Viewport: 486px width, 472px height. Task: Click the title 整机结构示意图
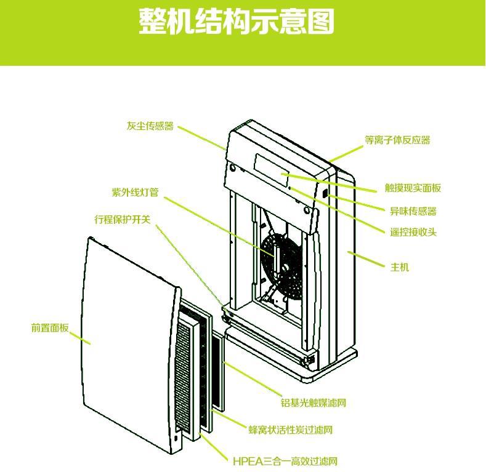[x=237, y=22]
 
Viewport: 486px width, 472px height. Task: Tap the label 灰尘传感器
[x=150, y=126]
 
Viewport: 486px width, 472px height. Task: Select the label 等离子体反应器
[x=397, y=140]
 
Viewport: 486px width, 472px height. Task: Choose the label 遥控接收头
[x=413, y=232]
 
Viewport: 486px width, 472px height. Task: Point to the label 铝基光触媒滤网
[x=313, y=403]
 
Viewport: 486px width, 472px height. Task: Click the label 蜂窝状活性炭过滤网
[x=290, y=430]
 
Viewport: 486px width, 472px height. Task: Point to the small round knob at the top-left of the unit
[x=232, y=167]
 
